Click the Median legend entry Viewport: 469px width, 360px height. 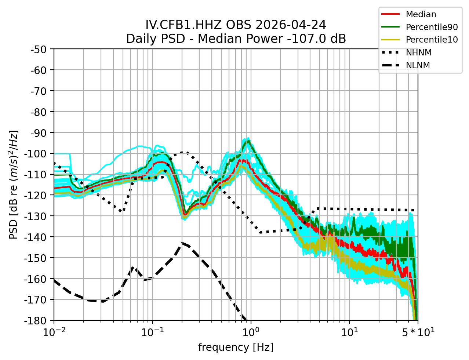[421, 15]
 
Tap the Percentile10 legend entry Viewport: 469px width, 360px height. [432, 40]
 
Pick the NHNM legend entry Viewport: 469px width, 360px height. [418, 52]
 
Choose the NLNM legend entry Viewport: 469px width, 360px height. [418, 65]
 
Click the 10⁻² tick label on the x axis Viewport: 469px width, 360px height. [54, 332]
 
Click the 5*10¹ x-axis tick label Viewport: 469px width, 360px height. [418, 332]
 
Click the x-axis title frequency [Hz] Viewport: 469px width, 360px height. [236, 347]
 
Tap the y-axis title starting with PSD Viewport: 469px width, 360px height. [14, 185]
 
